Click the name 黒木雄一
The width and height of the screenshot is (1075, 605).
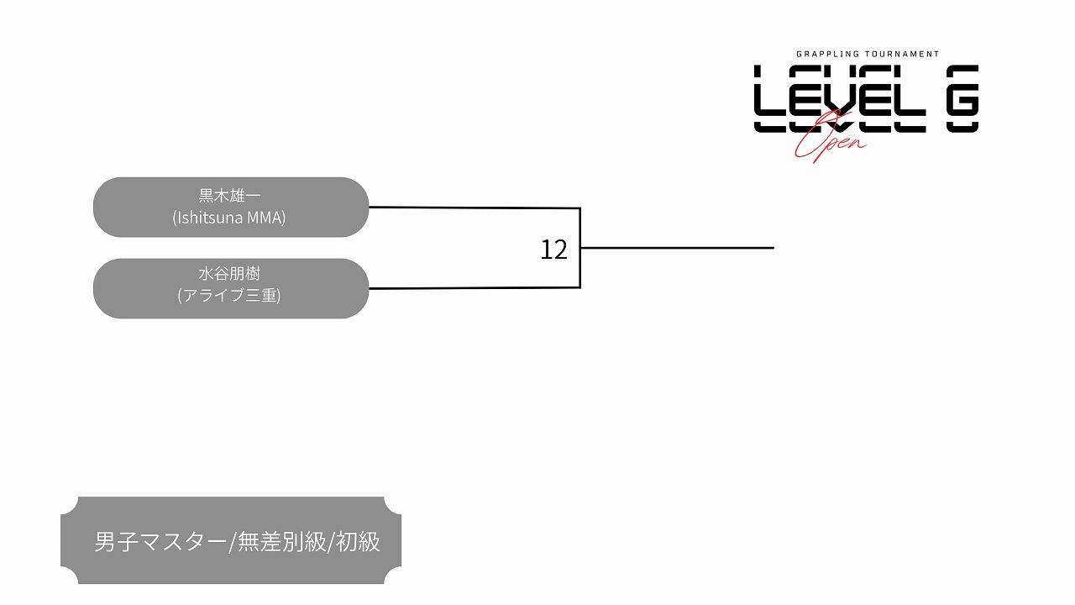coord(229,196)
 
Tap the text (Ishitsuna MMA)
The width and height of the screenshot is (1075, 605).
coord(229,218)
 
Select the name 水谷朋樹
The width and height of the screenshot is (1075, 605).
coord(229,274)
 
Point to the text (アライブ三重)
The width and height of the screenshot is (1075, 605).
coord(229,296)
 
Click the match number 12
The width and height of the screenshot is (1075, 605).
coord(553,250)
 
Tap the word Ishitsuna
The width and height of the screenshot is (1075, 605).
coord(208,218)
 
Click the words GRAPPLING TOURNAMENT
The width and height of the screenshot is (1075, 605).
coord(868,54)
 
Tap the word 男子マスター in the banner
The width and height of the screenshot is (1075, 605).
coord(160,542)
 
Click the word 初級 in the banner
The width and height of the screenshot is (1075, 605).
coord(359,542)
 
